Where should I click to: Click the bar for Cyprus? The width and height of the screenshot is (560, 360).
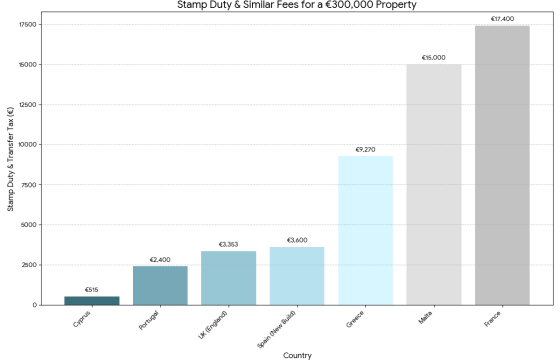coord(92,300)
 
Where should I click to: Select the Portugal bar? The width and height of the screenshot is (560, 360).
coord(160,285)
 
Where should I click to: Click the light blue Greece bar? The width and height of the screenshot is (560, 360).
coord(365,230)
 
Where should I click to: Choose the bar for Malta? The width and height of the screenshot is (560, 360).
coord(434,184)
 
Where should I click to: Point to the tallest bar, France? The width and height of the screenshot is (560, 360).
coord(502,165)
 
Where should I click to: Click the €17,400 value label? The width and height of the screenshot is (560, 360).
coord(502,19)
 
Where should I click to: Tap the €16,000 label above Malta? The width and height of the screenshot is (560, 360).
coord(434,57)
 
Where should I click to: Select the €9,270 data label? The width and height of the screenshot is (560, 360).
coord(365,150)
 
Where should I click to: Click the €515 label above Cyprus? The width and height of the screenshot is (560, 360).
coord(92,290)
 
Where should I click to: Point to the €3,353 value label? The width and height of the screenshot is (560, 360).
coord(228,244)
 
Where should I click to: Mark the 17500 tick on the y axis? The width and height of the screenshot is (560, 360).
coord(27,24)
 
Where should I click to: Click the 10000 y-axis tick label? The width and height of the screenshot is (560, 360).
coord(27,144)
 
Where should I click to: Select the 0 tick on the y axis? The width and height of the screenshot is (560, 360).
coord(34,305)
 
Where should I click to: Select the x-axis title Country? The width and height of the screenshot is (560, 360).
coord(297,353)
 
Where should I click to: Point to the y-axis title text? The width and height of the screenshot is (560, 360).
coord(9,165)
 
